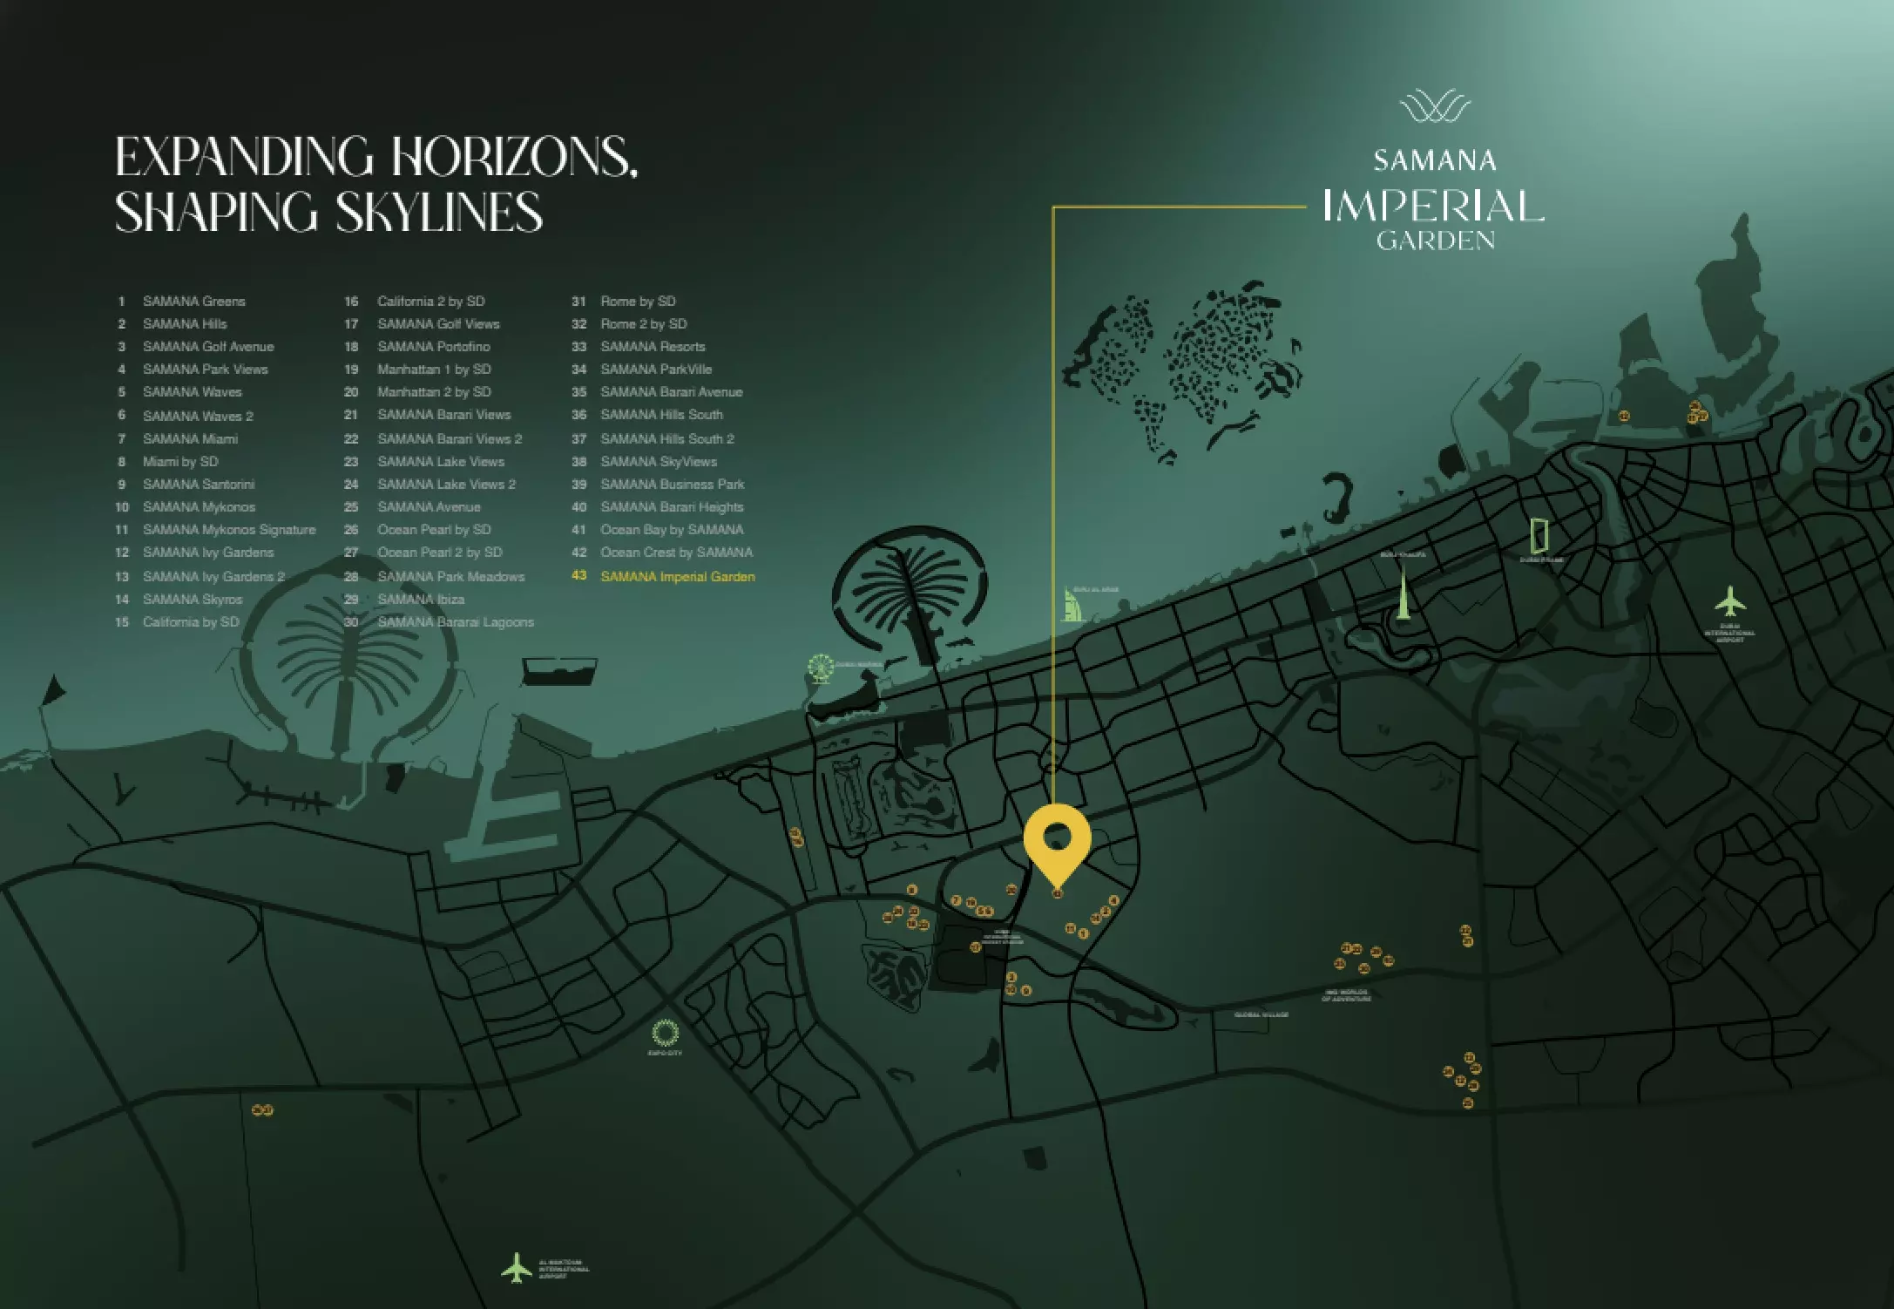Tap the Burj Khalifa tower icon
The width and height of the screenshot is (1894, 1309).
1403,592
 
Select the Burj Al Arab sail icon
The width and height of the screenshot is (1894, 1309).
1072,604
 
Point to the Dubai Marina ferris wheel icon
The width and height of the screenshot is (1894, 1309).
819,668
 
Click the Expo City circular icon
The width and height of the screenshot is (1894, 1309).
665,1033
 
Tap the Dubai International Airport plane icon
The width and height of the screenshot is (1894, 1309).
1730,601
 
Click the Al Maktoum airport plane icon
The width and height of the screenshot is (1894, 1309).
517,1268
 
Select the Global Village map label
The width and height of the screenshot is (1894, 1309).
1261,1014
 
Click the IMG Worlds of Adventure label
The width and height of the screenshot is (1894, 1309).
1346,995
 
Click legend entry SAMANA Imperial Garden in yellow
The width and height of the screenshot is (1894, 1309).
677,577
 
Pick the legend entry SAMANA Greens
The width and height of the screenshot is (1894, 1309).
193,302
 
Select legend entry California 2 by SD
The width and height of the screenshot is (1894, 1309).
430,302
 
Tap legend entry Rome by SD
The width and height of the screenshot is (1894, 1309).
638,302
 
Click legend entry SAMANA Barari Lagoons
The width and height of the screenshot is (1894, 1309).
455,622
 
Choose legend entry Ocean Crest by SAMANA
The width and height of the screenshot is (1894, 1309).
676,553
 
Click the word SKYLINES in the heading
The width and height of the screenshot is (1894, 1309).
439,212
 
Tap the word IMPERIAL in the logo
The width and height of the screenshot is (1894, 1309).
1433,207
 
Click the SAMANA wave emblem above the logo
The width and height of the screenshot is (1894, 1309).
1434,109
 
